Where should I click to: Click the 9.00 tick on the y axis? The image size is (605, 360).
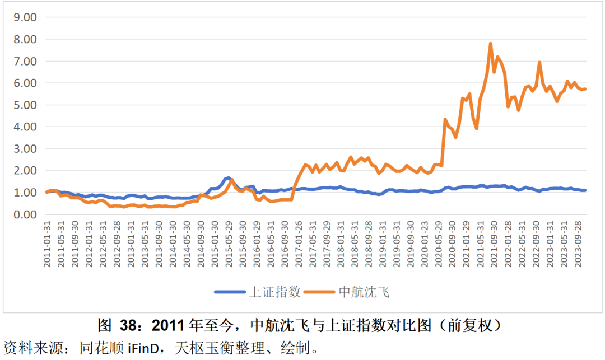pyautogui.click(x=25, y=17)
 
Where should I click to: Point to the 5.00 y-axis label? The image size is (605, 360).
pyautogui.click(x=25, y=105)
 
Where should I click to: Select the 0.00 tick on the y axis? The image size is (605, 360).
pyautogui.click(x=25, y=214)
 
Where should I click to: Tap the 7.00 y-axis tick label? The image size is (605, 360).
pyautogui.click(x=25, y=61)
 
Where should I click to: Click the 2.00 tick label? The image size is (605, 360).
pyautogui.click(x=25, y=170)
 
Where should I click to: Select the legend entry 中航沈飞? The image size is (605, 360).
pyautogui.click(x=364, y=292)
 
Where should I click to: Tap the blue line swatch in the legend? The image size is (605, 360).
pyautogui.click(x=230, y=292)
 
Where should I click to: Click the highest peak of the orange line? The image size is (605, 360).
pyautogui.click(x=491, y=44)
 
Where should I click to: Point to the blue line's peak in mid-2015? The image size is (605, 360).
pyautogui.click(x=228, y=177)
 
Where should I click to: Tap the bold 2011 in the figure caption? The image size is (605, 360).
pyautogui.click(x=169, y=325)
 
